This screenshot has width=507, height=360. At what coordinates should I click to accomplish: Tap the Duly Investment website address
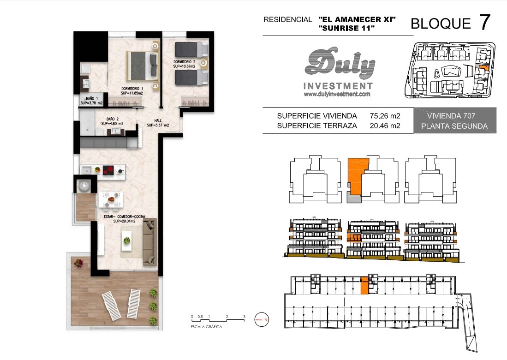(337, 94)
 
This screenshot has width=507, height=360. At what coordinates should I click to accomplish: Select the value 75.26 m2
(385, 116)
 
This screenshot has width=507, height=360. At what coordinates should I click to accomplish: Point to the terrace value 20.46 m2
(385, 126)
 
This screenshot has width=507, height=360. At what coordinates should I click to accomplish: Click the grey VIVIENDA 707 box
(454, 120)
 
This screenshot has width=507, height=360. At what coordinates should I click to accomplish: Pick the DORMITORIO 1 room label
(132, 90)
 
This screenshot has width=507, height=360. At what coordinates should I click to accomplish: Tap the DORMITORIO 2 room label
(185, 64)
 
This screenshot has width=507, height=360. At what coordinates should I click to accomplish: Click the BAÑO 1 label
(92, 101)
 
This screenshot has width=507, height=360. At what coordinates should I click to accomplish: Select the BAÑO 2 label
(112, 121)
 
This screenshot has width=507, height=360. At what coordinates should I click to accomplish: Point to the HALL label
(158, 123)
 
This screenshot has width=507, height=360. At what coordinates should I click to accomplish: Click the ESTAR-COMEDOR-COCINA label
(125, 219)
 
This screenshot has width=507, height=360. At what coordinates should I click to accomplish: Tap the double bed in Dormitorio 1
(143, 66)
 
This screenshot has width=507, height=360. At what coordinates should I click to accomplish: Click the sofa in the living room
(150, 242)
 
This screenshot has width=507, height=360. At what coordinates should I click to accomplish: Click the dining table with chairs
(111, 199)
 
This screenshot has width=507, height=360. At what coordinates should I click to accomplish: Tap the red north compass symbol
(262, 319)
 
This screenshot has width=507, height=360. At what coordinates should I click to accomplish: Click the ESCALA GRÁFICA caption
(206, 327)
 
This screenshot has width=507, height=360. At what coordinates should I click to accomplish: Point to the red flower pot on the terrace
(78, 263)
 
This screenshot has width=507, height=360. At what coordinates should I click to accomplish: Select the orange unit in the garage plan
(364, 285)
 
